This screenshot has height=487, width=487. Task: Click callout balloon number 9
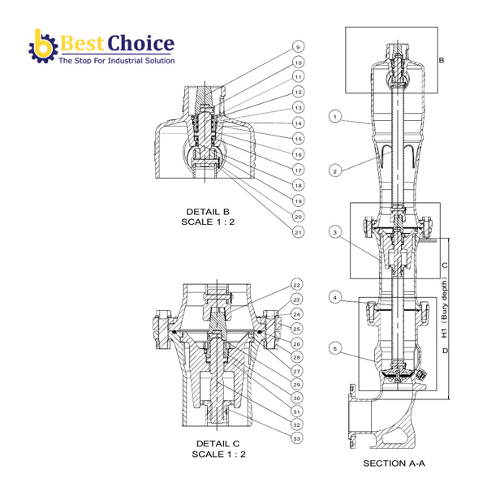coord(298,47)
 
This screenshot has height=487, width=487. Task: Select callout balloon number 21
coord(298,232)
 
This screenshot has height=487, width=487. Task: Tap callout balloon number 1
coord(334,118)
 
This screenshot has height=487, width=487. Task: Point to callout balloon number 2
coord(334,170)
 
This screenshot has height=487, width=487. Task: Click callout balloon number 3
coord(334,233)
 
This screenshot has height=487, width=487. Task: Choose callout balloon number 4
coord(334,298)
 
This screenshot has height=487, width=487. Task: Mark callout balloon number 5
coord(334,350)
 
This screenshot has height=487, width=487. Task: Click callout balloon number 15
coord(298,139)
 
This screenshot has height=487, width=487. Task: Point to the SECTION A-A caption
coord(394,463)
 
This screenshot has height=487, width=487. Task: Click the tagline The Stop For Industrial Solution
coord(116,61)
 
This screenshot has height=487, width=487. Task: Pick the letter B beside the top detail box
coord(442,60)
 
